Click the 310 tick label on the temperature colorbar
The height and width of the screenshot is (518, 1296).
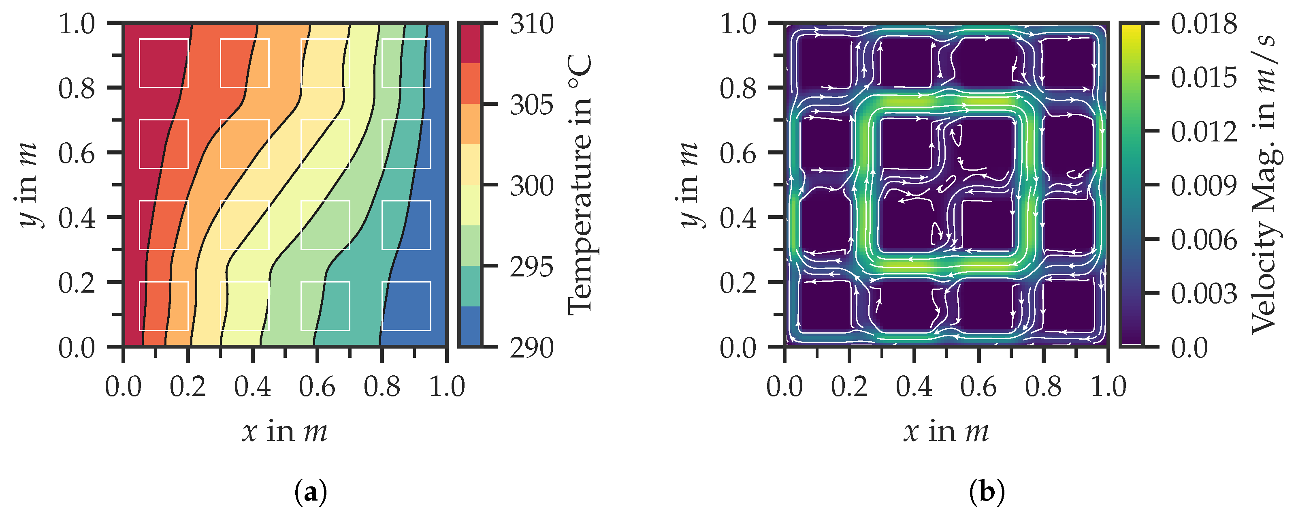[x=531, y=24]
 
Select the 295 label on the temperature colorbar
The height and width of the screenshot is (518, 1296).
[x=531, y=267]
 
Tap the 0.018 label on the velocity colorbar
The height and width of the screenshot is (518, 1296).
[x=1203, y=24]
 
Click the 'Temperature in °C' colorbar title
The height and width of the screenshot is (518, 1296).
[x=580, y=185]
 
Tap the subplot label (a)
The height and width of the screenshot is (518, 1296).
[x=310, y=492]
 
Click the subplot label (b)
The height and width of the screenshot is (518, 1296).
[x=987, y=492]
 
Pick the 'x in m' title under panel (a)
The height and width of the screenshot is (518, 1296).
[x=285, y=431]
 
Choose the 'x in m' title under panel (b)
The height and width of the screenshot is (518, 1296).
[x=946, y=431]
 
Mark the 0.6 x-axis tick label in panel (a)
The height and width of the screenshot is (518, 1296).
[x=317, y=387]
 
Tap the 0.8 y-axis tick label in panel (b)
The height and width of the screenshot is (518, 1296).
[x=738, y=89]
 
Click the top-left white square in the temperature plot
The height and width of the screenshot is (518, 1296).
[x=164, y=63]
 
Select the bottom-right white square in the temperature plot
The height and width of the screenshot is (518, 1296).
[x=406, y=306]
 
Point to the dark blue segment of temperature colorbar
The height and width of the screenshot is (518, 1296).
[x=470, y=326]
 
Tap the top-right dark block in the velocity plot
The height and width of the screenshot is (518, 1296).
[x=1068, y=63]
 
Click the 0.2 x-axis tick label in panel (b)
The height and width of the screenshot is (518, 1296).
[x=849, y=387]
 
